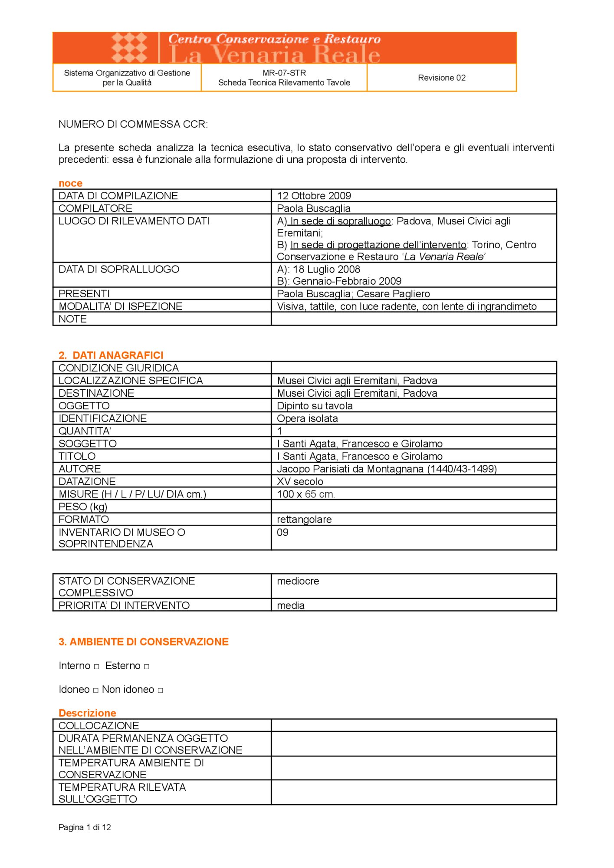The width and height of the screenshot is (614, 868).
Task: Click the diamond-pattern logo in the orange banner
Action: click(x=129, y=47)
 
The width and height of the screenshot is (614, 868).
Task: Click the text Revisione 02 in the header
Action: click(x=441, y=78)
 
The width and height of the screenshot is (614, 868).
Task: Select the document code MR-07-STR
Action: click(x=284, y=73)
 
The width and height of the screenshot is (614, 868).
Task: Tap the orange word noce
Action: click(x=70, y=183)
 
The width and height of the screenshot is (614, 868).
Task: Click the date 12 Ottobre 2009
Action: click(x=314, y=196)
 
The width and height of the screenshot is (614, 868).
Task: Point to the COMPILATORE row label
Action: click(x=95, y=208)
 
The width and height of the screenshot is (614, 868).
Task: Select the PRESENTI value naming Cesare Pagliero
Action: click(x=353, y=294)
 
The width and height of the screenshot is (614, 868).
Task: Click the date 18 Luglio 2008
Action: click(x=326, y=269)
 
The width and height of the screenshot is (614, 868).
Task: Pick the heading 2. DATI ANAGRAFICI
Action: click(x=111, y=355)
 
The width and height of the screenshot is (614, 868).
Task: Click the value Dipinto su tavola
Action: click(x=315, y=406)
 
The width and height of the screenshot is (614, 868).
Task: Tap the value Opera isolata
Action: click(x=307, y=418)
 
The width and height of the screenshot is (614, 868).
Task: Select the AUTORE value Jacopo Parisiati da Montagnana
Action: click(x=387, y=469)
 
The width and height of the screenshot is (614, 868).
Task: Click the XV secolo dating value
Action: click(x=300, y=481)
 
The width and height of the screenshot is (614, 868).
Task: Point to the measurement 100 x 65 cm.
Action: click(x=305, y=494)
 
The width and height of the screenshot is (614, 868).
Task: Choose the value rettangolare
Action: click(x=304, y=519)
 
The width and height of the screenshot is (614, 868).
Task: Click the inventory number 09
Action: click(x=282, y=533)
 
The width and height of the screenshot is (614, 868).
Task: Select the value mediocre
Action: click(x=298, y=581)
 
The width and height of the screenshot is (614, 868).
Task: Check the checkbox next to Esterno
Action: click(x=147, y=667)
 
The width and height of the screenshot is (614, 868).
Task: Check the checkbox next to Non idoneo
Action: click(x=160, y=690)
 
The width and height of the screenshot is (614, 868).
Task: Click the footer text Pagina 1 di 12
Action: click(x=85, y=827)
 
